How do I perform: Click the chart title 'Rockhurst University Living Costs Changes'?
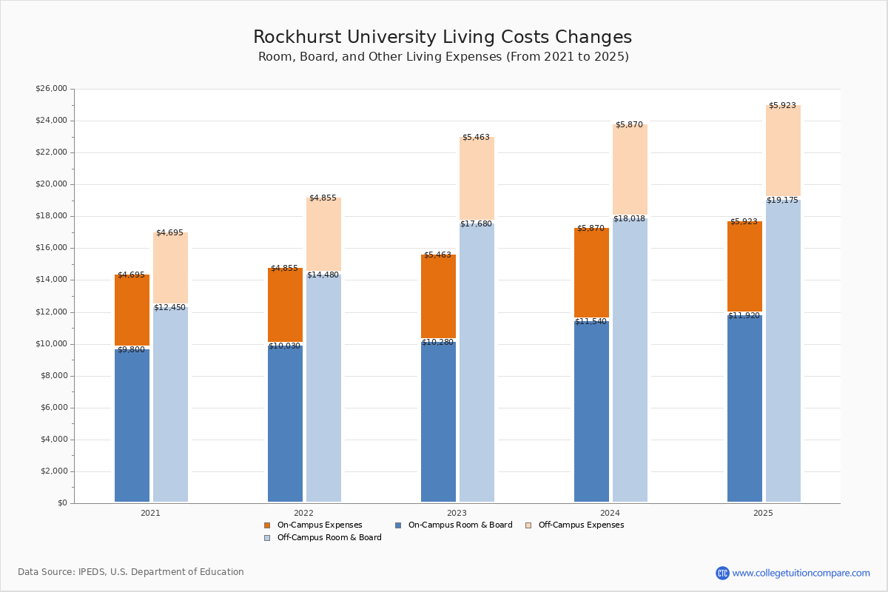(443, 37)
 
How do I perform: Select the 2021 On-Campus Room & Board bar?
(132, 425)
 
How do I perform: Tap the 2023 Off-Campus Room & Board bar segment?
(477, 363)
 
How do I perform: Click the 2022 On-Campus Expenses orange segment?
(285, 305)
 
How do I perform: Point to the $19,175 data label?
(782, 201)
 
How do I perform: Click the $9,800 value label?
(132, 350)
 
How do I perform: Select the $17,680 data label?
(476, 224)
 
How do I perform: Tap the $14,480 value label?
(323, 275)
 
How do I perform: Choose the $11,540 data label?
(591, 322)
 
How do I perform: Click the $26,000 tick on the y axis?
(51, 89)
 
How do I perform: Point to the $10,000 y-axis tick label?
(51, 344)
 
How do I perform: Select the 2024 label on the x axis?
(610, 513)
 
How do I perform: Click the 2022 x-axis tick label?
(303, 513)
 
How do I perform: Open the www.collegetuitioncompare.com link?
(801, 573)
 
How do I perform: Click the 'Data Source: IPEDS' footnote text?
(131, 572)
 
